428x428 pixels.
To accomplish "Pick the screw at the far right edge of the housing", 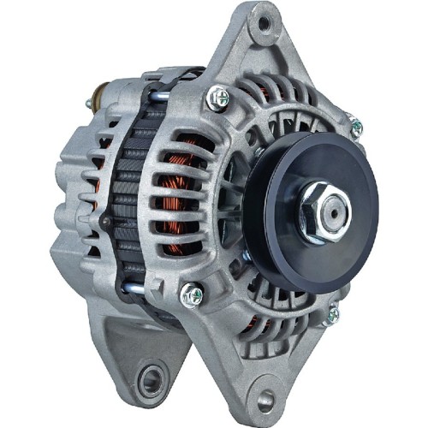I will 356,128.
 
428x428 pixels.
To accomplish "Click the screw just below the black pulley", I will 333,315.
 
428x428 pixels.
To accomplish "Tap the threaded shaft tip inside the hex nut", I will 331,205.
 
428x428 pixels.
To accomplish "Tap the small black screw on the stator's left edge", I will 105,221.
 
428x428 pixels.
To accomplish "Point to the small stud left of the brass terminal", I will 87,104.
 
